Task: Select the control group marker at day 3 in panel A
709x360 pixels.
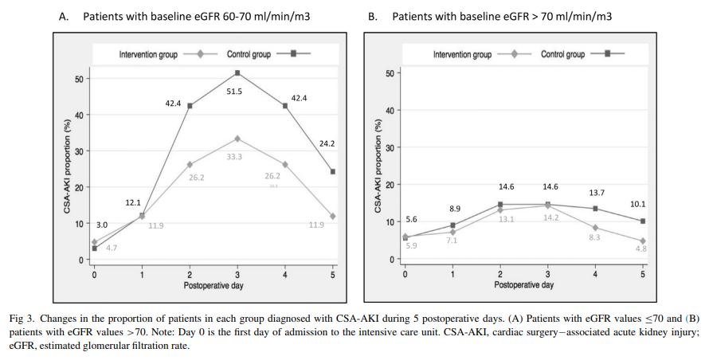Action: pos(237,73)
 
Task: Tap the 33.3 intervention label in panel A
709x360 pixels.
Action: pos(234,157)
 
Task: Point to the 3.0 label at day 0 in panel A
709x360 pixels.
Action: pos(101,225)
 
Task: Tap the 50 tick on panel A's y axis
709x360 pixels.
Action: pos(80,79)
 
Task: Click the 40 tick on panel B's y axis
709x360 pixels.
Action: pos(390,111)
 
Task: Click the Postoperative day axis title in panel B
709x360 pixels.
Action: pos(523,284)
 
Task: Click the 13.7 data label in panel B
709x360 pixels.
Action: pos(596,194)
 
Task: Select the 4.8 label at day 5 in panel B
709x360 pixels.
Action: pos(641,248)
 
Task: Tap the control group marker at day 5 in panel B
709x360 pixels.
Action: pos(642,221)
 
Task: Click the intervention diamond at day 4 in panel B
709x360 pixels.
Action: pos(595,228)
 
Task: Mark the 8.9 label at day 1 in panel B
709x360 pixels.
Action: pos(456,208)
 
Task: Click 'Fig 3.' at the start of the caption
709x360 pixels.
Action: pos(21,318)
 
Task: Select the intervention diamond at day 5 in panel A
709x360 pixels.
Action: pos(332,217)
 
